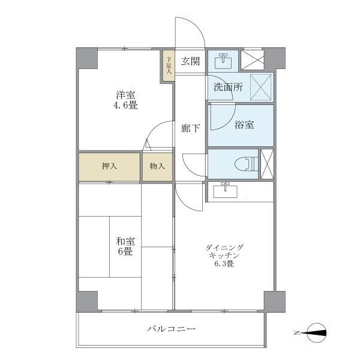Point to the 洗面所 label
(x=228, y=87)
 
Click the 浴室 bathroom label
(x=244, y=125)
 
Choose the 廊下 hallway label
(x=190, y=127)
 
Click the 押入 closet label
(x=109, y=166)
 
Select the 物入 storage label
(x=157, y=166)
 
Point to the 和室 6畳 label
(x=126, y=246)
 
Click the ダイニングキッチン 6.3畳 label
(x=225, y=255)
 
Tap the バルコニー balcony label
(x=172, y=329)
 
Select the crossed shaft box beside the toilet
(x=268, y=163)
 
